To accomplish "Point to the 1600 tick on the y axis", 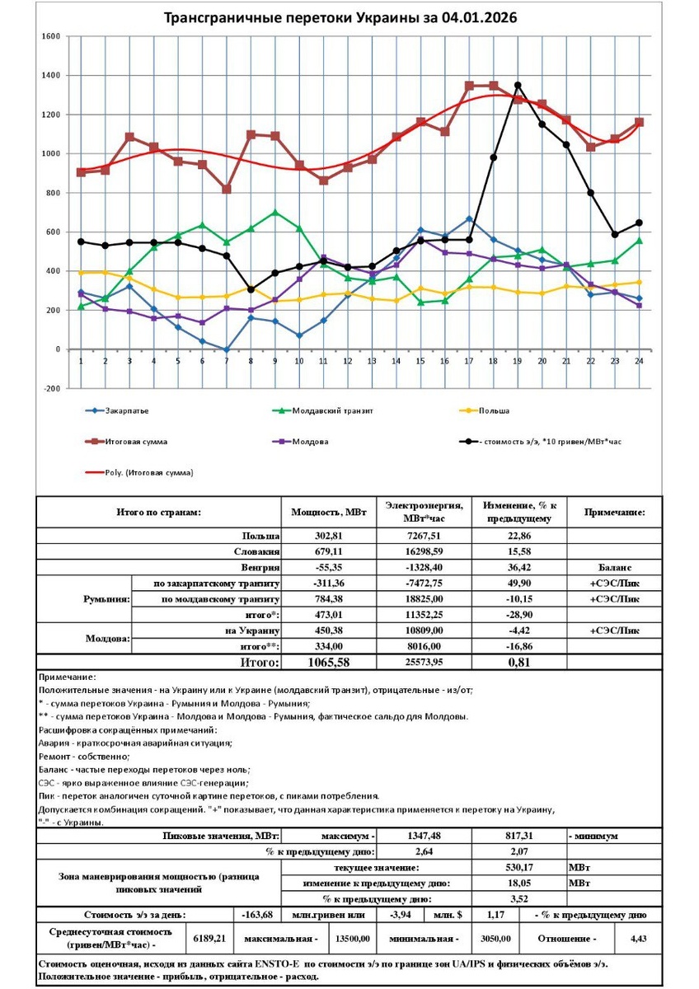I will (x=49, y=36).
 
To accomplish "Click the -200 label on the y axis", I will (x=51, y=388).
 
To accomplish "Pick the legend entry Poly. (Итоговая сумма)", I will (x=148, y=472).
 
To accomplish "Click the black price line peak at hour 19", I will (x=518, y=85).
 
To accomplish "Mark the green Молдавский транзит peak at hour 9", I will (x=274, y=213).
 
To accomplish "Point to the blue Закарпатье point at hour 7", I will (x=227, y=349).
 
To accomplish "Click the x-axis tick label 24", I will (x=639, y=362).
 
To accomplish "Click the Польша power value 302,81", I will (x=328, y=537).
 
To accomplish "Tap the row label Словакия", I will (x=256, y=552).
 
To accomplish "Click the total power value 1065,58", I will (x=328, y=662).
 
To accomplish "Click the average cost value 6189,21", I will (x=209, y=938).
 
